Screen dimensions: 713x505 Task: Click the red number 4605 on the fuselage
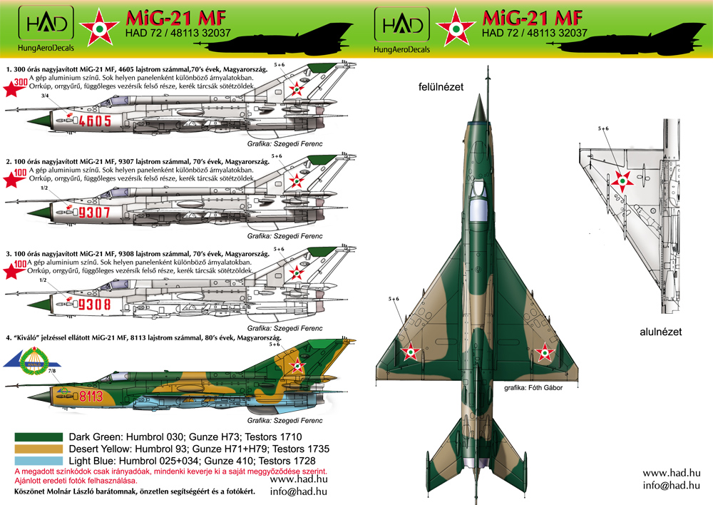coord(95,121)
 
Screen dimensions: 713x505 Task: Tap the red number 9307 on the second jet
coord(94,213)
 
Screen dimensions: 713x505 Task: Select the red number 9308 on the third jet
coord(94,304)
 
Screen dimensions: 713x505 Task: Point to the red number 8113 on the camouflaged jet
coord(91,397)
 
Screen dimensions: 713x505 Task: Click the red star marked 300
coord(14,87)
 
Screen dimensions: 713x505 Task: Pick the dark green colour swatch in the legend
coord(39,437)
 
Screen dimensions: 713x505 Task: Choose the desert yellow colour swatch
coord(39,449)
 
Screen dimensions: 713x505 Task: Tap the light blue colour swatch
coord(39,461)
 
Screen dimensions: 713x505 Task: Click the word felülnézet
coord(441,87)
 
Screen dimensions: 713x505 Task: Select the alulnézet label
coord(661,332)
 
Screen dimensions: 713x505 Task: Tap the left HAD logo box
coord(46,24)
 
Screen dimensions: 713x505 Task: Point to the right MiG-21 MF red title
coord(532,19)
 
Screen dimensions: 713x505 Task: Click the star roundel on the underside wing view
coord(622,181)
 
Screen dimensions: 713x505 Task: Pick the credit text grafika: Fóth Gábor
coord(533,388)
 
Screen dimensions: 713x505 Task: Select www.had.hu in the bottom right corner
coord(671,473)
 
